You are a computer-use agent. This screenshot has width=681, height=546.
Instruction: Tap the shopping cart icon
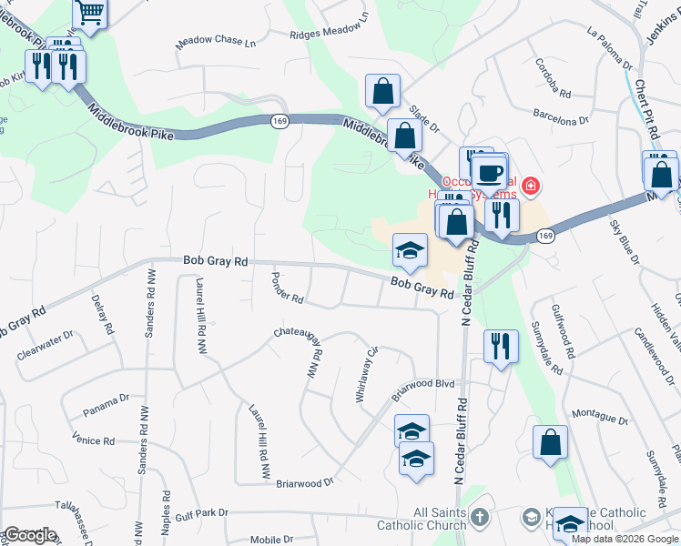[x=91, y=12]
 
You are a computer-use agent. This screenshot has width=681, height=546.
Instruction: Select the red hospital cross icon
[x=530, y=187]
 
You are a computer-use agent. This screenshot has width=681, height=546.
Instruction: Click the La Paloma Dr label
[x=610, y=50]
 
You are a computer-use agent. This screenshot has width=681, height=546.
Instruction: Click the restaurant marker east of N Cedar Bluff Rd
[x=501, y=346]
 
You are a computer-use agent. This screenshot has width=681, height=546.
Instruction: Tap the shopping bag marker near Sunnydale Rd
[x=551, y=443]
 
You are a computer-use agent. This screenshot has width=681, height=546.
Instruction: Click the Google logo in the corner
[x=29, y=534]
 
